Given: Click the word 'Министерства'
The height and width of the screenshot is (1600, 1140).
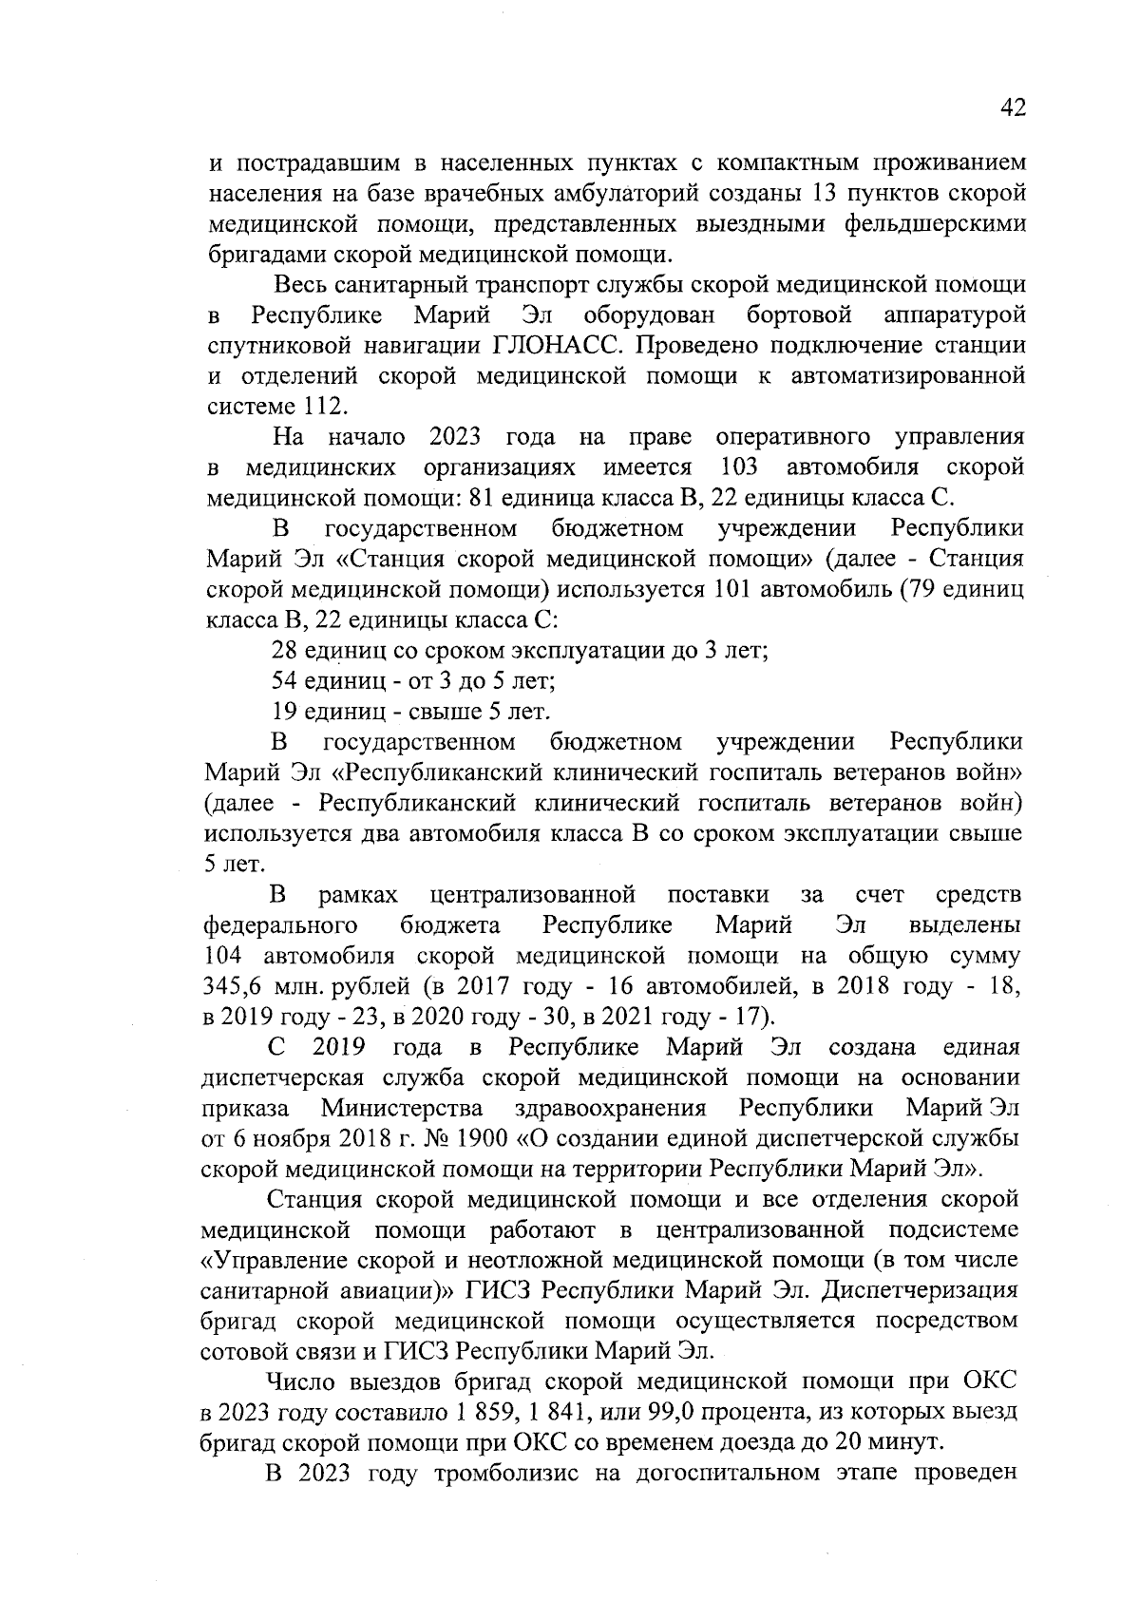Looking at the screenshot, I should pyautogui.click(x=402, y=1108).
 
